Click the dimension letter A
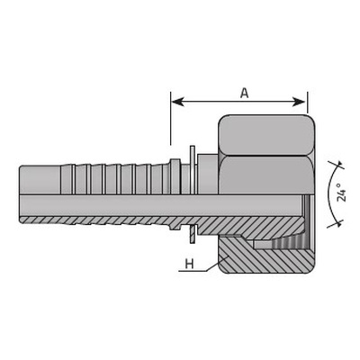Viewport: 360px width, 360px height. (245, 94)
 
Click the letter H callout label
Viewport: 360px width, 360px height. (189, 265)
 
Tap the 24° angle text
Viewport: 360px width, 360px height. (342, 193)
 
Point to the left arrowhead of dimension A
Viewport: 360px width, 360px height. (177, 102)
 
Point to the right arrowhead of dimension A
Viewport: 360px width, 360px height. (299, 102)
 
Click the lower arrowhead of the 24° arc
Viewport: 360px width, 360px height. (338, 223)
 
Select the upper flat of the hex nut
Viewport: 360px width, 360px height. (266, 135)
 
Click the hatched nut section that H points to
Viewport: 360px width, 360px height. (237, 255)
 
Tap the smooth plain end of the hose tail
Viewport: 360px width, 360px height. (40, 179)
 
